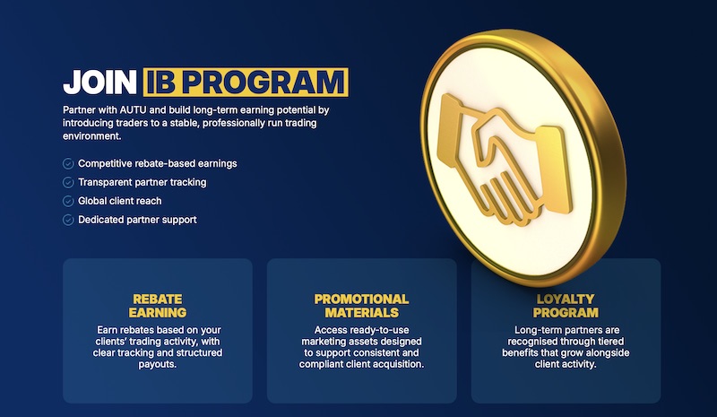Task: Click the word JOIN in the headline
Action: (99, 83)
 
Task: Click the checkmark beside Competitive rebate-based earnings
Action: (68, 164)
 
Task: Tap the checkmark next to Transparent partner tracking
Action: (68, 182)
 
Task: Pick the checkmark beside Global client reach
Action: (68, 201)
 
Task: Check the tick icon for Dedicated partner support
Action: (68, 220)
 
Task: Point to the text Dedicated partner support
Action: (137, 220)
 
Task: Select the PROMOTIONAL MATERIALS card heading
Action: (361, 306)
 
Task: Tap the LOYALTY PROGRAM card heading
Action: (566, 306)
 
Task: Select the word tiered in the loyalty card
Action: (594, 342)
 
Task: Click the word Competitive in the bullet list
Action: (106, 164)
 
